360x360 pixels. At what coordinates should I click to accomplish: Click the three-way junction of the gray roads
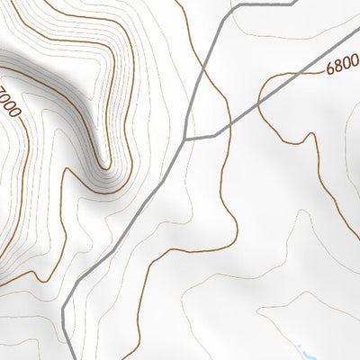[184, 139]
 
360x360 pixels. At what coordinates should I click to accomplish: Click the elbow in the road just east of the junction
[216, 136]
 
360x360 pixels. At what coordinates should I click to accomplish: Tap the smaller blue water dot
[299, 346]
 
